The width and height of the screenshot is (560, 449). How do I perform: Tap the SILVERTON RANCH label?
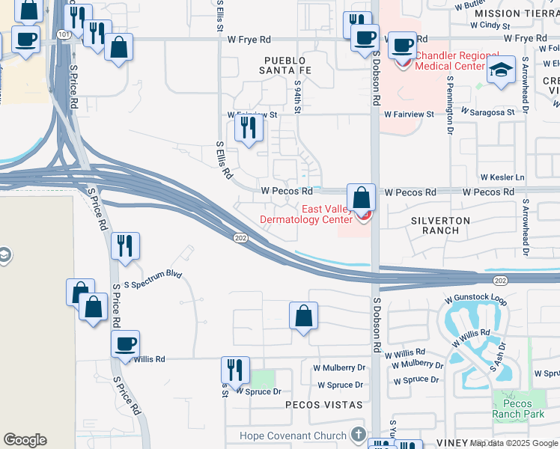(x=440, y=226)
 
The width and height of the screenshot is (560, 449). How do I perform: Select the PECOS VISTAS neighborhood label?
(x=323, y=405)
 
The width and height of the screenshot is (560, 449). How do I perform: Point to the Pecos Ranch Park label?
(x=518, y=409)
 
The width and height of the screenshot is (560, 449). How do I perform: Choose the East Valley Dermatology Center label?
(x=305, y=215)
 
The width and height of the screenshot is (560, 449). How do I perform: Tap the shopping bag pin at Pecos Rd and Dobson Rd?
(x=361, y=199)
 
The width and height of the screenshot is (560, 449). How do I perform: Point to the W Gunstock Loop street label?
(x=475, y=300)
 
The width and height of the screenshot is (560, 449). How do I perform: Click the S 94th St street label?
(x=298, y=97)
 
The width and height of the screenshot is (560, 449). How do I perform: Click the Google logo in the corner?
(x=25, y=440)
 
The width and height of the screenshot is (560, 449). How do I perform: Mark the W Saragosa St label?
(x=487, y=112)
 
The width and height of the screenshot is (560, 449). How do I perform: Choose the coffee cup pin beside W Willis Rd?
(x=125, y=344)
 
